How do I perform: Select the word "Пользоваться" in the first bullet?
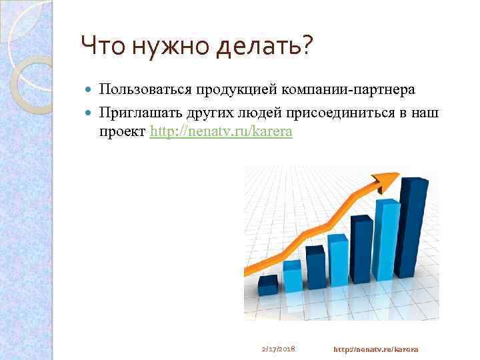click(146, 89)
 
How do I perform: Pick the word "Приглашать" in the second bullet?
click(140, 113)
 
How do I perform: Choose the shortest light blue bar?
click(292, 276)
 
